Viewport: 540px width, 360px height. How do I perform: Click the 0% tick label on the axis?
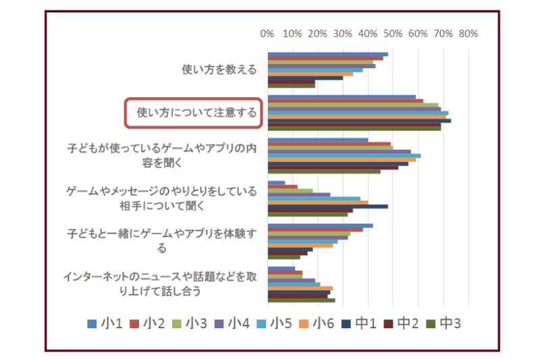point(267,34)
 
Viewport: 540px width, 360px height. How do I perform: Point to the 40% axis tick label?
point(368,34)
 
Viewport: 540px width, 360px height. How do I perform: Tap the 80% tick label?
point(468,34)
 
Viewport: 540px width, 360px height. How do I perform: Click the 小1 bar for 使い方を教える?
point(327,54)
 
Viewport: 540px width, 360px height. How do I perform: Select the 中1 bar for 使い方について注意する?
point(359,120)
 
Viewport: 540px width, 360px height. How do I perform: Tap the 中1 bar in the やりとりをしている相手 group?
point(327,206)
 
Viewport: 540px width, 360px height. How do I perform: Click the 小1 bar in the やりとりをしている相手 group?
point(276,182)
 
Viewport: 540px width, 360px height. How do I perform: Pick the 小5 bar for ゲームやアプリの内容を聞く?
point(344,155)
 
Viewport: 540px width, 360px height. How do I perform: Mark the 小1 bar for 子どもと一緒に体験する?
point(320,226)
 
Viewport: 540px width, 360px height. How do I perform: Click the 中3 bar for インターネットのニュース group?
point(301,300)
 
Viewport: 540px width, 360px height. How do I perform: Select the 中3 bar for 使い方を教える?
point(291,86)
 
